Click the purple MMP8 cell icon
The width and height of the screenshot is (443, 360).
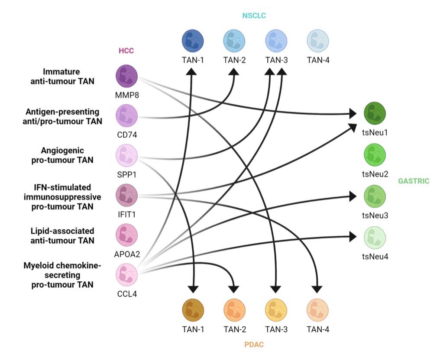pyautogui.click(x=126, y=76)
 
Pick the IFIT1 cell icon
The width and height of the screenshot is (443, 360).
pyautogui.click(x=126, y=195)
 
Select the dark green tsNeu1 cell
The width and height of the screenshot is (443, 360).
pyautogui.click(x=375, y=113)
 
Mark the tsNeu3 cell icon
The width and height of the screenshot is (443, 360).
pyautogui.click(x=375, y=196)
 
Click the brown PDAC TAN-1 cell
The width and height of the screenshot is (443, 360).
pyautogui.click(x=193, y=309)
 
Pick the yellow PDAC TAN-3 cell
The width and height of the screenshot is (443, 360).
pyautogui.click(x=276, y=309)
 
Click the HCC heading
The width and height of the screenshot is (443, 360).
pyautogui.click(x=126, y=51)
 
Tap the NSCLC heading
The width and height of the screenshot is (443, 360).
pyautogui.click(x=254, y=16)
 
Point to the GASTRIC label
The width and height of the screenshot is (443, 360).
pyautogui.click(x=414, y=181)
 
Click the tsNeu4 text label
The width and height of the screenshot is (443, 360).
pyautogui.click(x=375, y=257)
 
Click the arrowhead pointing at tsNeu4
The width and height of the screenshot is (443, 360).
pyautogui.click(x=353, y=237)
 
